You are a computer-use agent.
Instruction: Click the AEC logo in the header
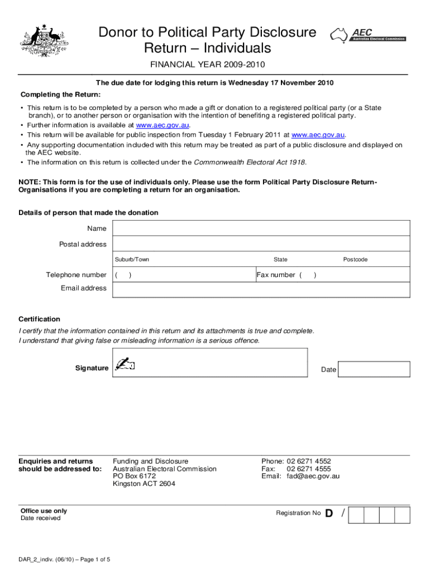[x=368, y=36]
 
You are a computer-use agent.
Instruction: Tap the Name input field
[x=261, y=228]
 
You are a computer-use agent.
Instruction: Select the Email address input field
[x=261, y=289]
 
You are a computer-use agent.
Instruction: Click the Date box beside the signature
[x=374, y=369]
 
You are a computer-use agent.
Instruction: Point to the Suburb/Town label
[x=132, y=260]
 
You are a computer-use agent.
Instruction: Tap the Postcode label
[x=355, y=260]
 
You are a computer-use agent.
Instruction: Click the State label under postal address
[x=280, y=260]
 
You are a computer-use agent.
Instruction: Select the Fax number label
[x=276, y=275]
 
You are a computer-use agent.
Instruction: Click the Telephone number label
[x=76, y=275]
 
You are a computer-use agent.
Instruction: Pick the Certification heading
[x=39, y=319]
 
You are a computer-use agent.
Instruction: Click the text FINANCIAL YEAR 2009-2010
[x=207, y=64]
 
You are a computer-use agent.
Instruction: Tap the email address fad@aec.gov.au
[x=313, y=476]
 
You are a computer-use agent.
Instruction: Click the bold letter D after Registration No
[x=329, y=513]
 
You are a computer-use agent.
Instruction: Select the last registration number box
[x=403, y=515]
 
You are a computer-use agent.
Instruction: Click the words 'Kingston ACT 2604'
[x=144, y=484]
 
